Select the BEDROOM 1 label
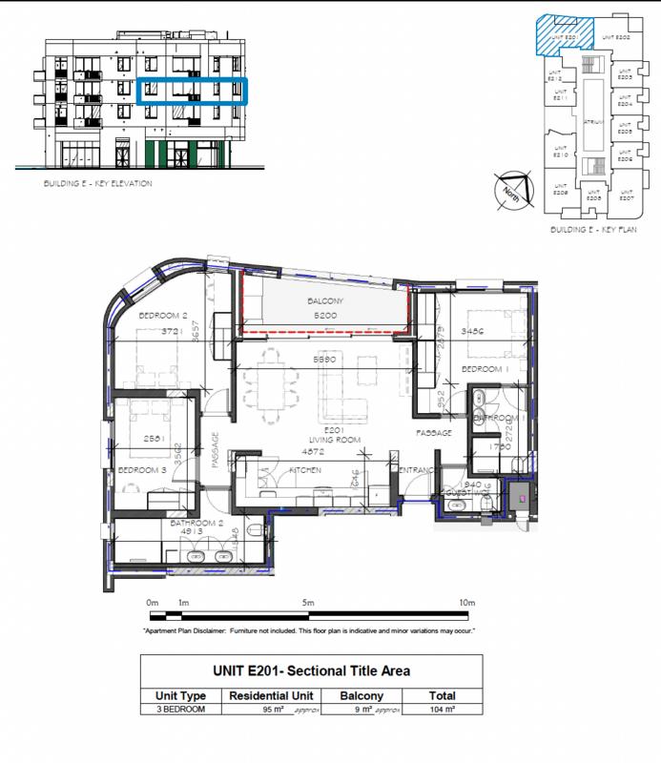[483, 368]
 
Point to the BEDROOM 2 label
[161, 316]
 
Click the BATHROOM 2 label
[196, 524]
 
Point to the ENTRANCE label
[417, 470]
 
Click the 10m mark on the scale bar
[466, 603]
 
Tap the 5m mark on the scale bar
[308, 603]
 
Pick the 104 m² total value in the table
[442, 711]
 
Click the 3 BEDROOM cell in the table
[180, 711]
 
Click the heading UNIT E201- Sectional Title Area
[311, 670]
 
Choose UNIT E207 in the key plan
[626, 197]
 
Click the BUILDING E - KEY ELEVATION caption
[97, 183]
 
